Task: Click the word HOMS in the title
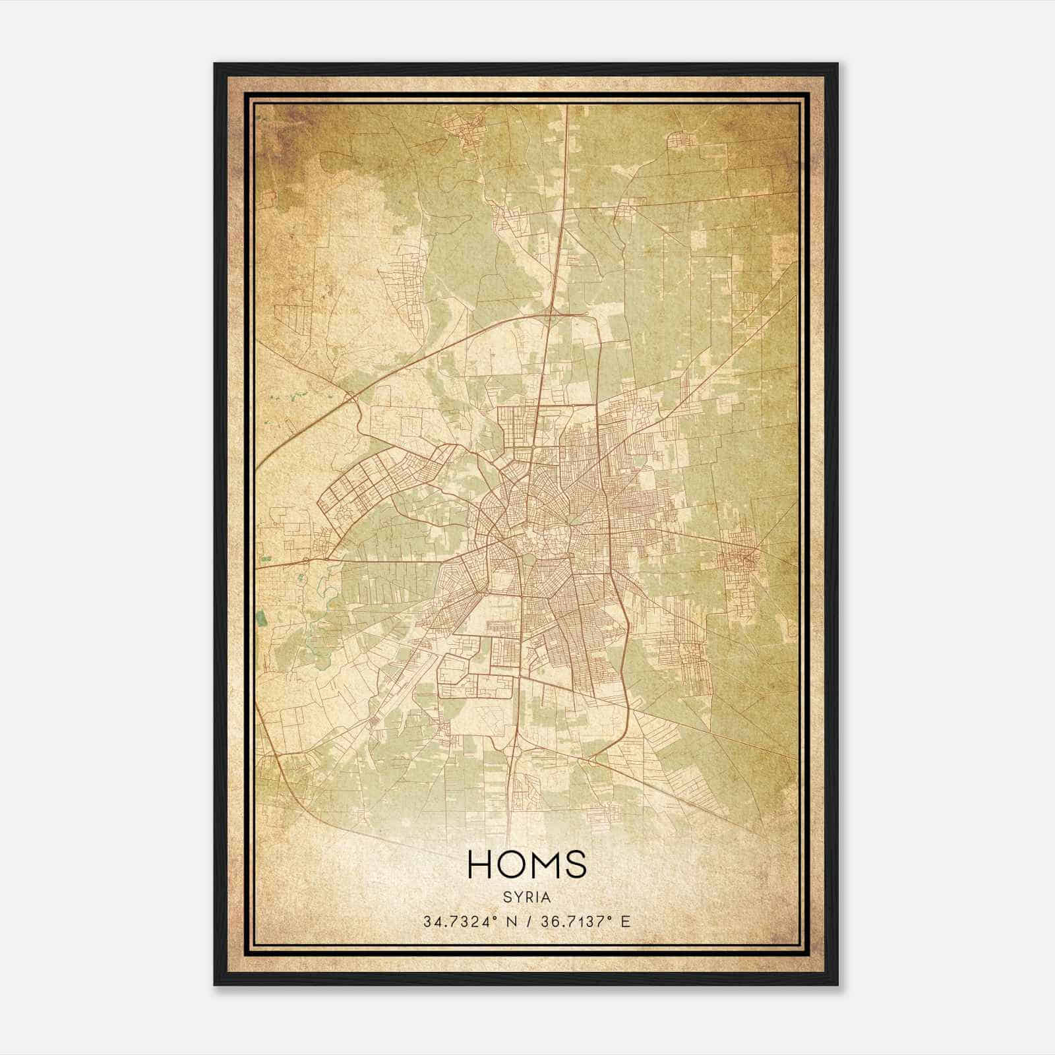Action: click(526, 864)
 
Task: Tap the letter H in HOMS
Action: click(480, 864)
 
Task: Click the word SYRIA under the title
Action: click(527, 897)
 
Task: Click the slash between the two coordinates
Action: click(527, 921)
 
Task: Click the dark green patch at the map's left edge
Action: click(262, 618)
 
